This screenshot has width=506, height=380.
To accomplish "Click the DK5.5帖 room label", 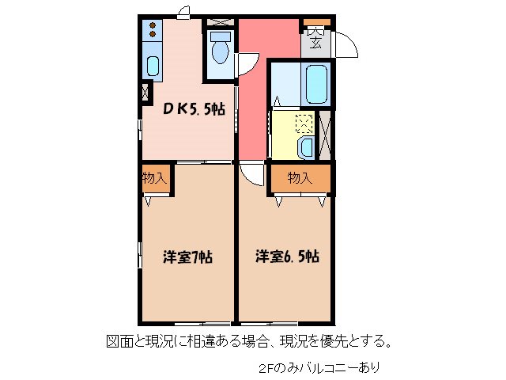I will tap(194, 110).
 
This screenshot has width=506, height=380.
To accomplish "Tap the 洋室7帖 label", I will tap(187, 256).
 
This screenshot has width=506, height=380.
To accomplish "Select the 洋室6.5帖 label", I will tap(286, 256).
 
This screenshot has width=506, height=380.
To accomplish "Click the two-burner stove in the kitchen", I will tap(151, 31).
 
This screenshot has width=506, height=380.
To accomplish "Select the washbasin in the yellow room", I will tap(307, 145).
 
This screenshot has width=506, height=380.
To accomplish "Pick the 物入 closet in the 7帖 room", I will tap(154, 178).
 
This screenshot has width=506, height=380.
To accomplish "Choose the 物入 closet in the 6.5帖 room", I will tap(300, 178).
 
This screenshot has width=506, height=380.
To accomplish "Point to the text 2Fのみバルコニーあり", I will tap(319, 367).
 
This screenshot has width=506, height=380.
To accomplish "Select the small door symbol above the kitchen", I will tap(183, 11).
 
